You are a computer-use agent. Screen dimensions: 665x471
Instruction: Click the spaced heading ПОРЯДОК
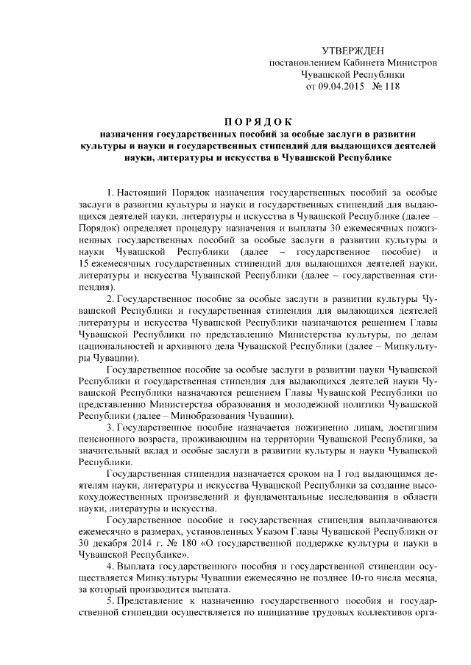point(258,121)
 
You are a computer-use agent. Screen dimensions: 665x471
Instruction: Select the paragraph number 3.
point(111,426)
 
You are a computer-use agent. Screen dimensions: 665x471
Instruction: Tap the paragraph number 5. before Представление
point(111,599)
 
